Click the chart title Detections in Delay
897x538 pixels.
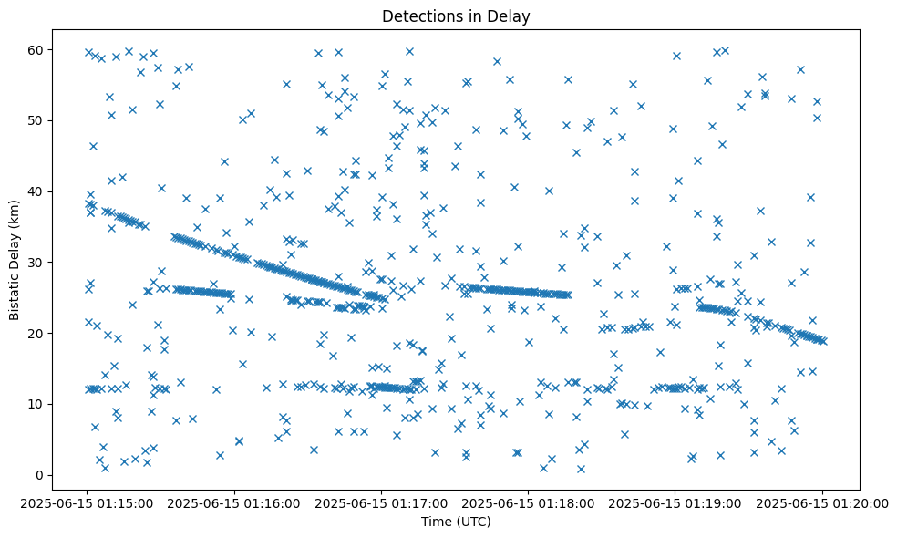coord(456,16)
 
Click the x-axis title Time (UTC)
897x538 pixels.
coord(456,522)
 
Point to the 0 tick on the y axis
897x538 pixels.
coord(40,475)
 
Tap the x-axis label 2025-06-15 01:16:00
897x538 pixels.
coord(234,502)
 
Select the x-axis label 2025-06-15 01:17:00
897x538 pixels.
coord(381,502)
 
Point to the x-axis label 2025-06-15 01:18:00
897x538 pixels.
coord(528,502)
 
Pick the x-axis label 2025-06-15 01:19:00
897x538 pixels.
coord(675,502)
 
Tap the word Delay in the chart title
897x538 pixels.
coord(510,16)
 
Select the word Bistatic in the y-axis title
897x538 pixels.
coord(15,294)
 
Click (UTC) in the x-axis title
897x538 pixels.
coord(474,522)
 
